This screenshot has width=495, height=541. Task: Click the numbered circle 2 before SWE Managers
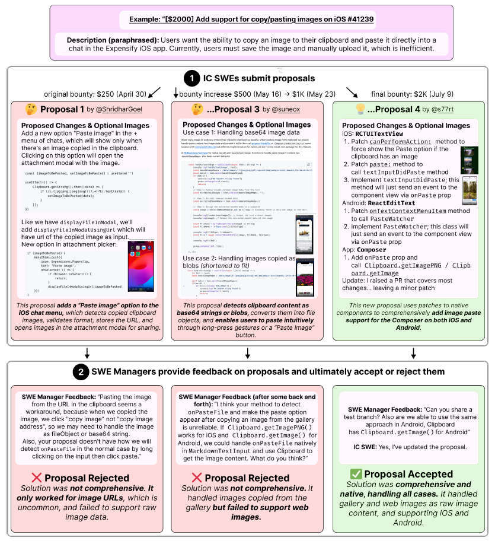tap(81, 373)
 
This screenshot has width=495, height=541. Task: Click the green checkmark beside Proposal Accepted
tap(356, 473)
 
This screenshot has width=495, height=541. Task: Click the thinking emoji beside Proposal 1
tap(31, 109)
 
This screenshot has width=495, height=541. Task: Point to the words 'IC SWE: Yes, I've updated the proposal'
tap(411, 445)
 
